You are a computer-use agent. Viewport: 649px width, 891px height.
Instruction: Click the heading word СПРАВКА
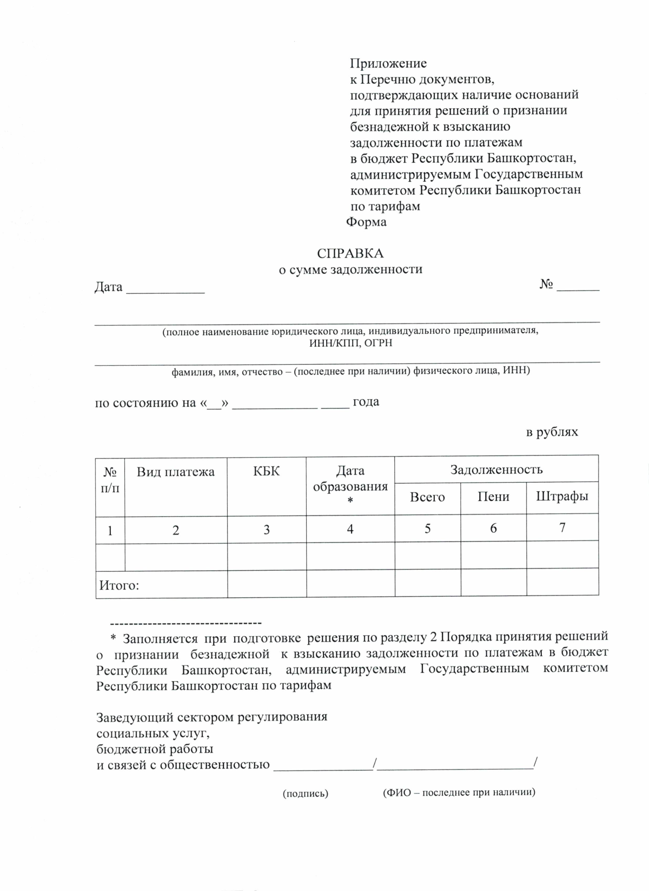(350, 254)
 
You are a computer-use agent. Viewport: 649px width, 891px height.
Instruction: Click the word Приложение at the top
(388, 64)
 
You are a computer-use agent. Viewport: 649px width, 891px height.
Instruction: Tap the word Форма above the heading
(366, 222)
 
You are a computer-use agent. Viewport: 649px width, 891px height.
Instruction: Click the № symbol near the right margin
(546, 285)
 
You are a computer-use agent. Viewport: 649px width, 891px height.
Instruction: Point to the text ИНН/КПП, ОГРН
(350, 343)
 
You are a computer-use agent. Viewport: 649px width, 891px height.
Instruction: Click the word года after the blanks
(366, 402)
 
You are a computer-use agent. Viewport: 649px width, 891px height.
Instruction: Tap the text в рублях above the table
(552, 432)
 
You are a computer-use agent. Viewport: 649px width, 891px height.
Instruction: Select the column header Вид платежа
(175, 472)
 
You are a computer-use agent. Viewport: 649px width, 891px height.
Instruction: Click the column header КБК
(266, 471)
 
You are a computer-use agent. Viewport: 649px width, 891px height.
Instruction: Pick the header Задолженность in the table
(496, 469)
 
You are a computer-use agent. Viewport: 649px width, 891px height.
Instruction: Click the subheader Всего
(427, 497)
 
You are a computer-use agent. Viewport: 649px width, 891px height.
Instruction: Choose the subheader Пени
(493, 497)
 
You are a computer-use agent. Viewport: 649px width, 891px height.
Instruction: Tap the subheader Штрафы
(561, 496)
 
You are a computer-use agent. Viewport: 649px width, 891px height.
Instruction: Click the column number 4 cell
(350, 529)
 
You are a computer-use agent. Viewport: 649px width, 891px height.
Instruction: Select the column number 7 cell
(562, 528)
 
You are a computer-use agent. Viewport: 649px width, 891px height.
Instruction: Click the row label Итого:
(119, 585)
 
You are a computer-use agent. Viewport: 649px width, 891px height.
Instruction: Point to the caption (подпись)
(306, 794)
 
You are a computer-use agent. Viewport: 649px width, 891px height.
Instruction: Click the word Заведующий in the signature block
(135, 717)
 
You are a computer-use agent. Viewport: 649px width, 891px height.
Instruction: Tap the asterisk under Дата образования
(350, 501)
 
